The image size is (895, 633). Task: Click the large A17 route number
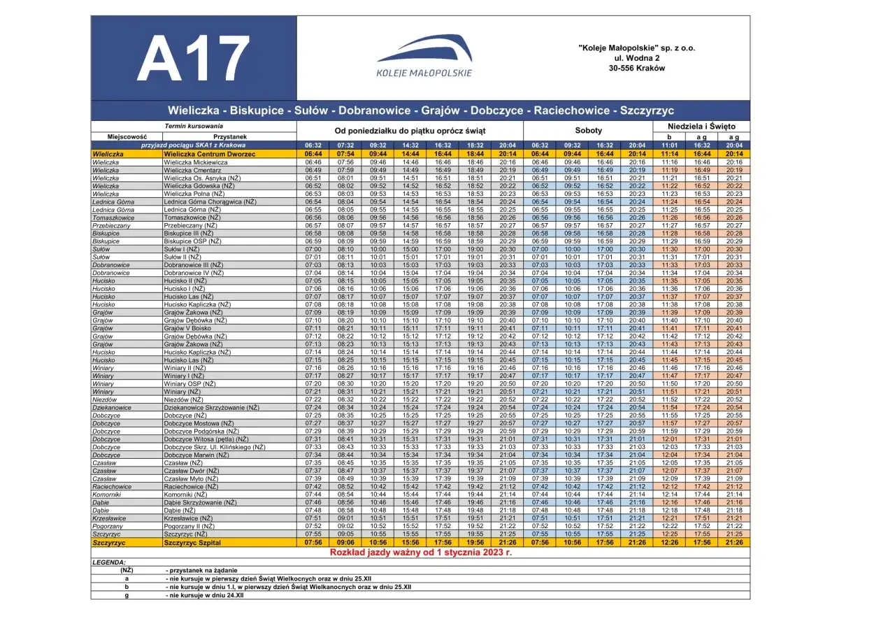coord(193,59)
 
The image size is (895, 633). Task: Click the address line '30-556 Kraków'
coord(636,69)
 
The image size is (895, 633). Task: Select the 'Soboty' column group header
coord(587,131)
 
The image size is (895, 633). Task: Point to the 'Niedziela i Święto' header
coord(701,127)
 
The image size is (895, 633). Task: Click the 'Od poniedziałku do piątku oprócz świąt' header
coord(410,131)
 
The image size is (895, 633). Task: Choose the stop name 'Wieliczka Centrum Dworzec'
coord(210,153)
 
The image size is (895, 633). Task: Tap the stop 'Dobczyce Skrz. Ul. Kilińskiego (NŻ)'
coord(215,447)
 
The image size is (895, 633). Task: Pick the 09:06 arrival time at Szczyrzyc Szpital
coord(346,542)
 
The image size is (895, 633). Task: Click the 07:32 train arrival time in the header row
coord(346,145)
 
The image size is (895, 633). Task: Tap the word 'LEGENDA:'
coord(109,562)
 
